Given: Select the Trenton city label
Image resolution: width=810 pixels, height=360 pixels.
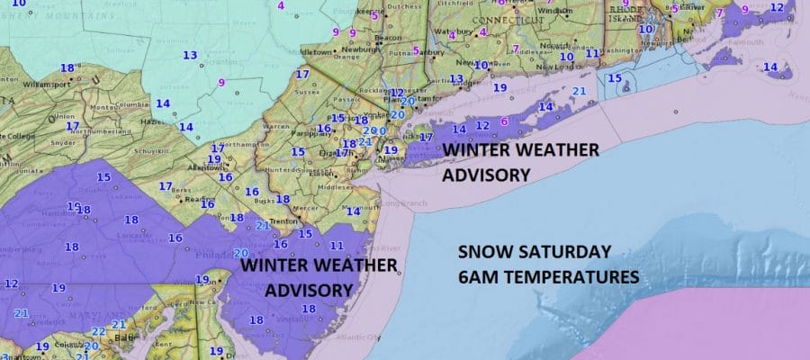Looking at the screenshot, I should pyautogui.click(x=261, y=220).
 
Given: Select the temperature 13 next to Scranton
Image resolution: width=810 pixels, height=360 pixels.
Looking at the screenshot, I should pyautogui.click(x=190, y=56).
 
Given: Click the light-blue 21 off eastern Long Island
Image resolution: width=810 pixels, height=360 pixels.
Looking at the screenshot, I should pyautogui.click(x=580, y=92).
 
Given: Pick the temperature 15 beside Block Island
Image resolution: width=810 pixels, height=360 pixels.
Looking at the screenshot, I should pyautogui.click(x=615, y=79).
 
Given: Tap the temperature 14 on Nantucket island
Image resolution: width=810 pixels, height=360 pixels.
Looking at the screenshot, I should pyautogui.click(x=769, y=67).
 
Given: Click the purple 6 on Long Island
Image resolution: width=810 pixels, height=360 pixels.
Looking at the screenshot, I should pyautogui.click(x=504, y=121).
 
